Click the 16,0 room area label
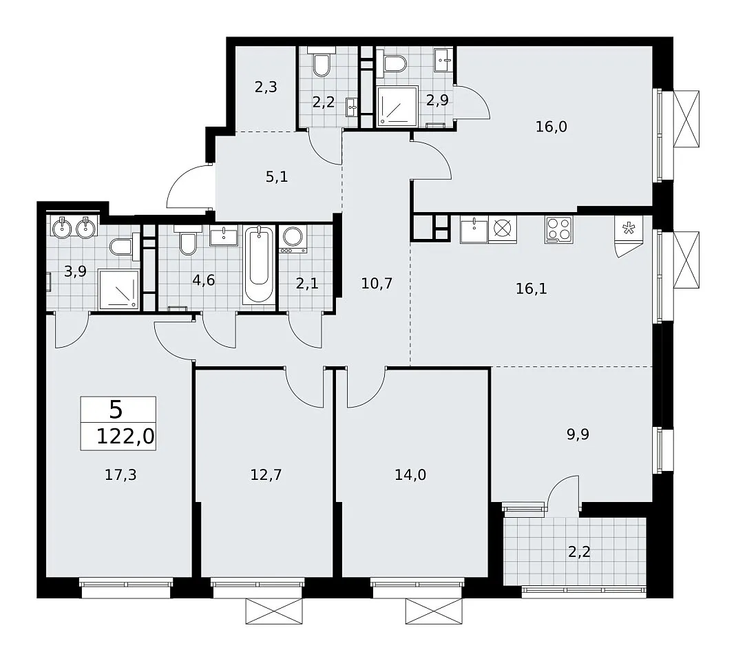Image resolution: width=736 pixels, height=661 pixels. tap(551, 127)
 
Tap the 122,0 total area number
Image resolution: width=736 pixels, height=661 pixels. tap(125, 437)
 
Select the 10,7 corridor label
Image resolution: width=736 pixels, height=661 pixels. tap(377, 284)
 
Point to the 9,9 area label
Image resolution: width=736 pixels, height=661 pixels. tap(578, 434)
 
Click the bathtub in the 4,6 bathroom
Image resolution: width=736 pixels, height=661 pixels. tap(259, 265)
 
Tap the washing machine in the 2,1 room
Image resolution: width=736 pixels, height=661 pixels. tap(293, 240)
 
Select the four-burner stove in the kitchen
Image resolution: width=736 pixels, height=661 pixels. tap(558, 229)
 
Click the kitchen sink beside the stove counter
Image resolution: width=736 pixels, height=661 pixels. tap(474, 229)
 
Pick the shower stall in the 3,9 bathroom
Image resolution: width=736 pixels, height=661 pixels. tap(118, 289)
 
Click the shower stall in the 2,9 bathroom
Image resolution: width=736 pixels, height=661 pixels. tap(397, 106)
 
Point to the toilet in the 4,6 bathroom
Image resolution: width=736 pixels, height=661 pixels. tap(188, 240)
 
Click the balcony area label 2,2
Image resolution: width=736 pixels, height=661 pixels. tap(579, 552)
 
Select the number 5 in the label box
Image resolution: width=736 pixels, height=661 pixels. tap(116, 410)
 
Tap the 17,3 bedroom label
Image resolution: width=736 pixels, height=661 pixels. tap(120, 475)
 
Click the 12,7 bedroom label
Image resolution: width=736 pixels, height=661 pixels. tap(266, 475)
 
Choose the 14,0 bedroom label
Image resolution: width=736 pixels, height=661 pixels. tap(410, 475)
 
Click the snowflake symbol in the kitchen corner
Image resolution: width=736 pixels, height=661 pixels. tap(628, 229)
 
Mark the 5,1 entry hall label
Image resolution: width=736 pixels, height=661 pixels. tap(277, 177)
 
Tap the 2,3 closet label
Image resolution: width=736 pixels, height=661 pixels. tap(266, 87)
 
